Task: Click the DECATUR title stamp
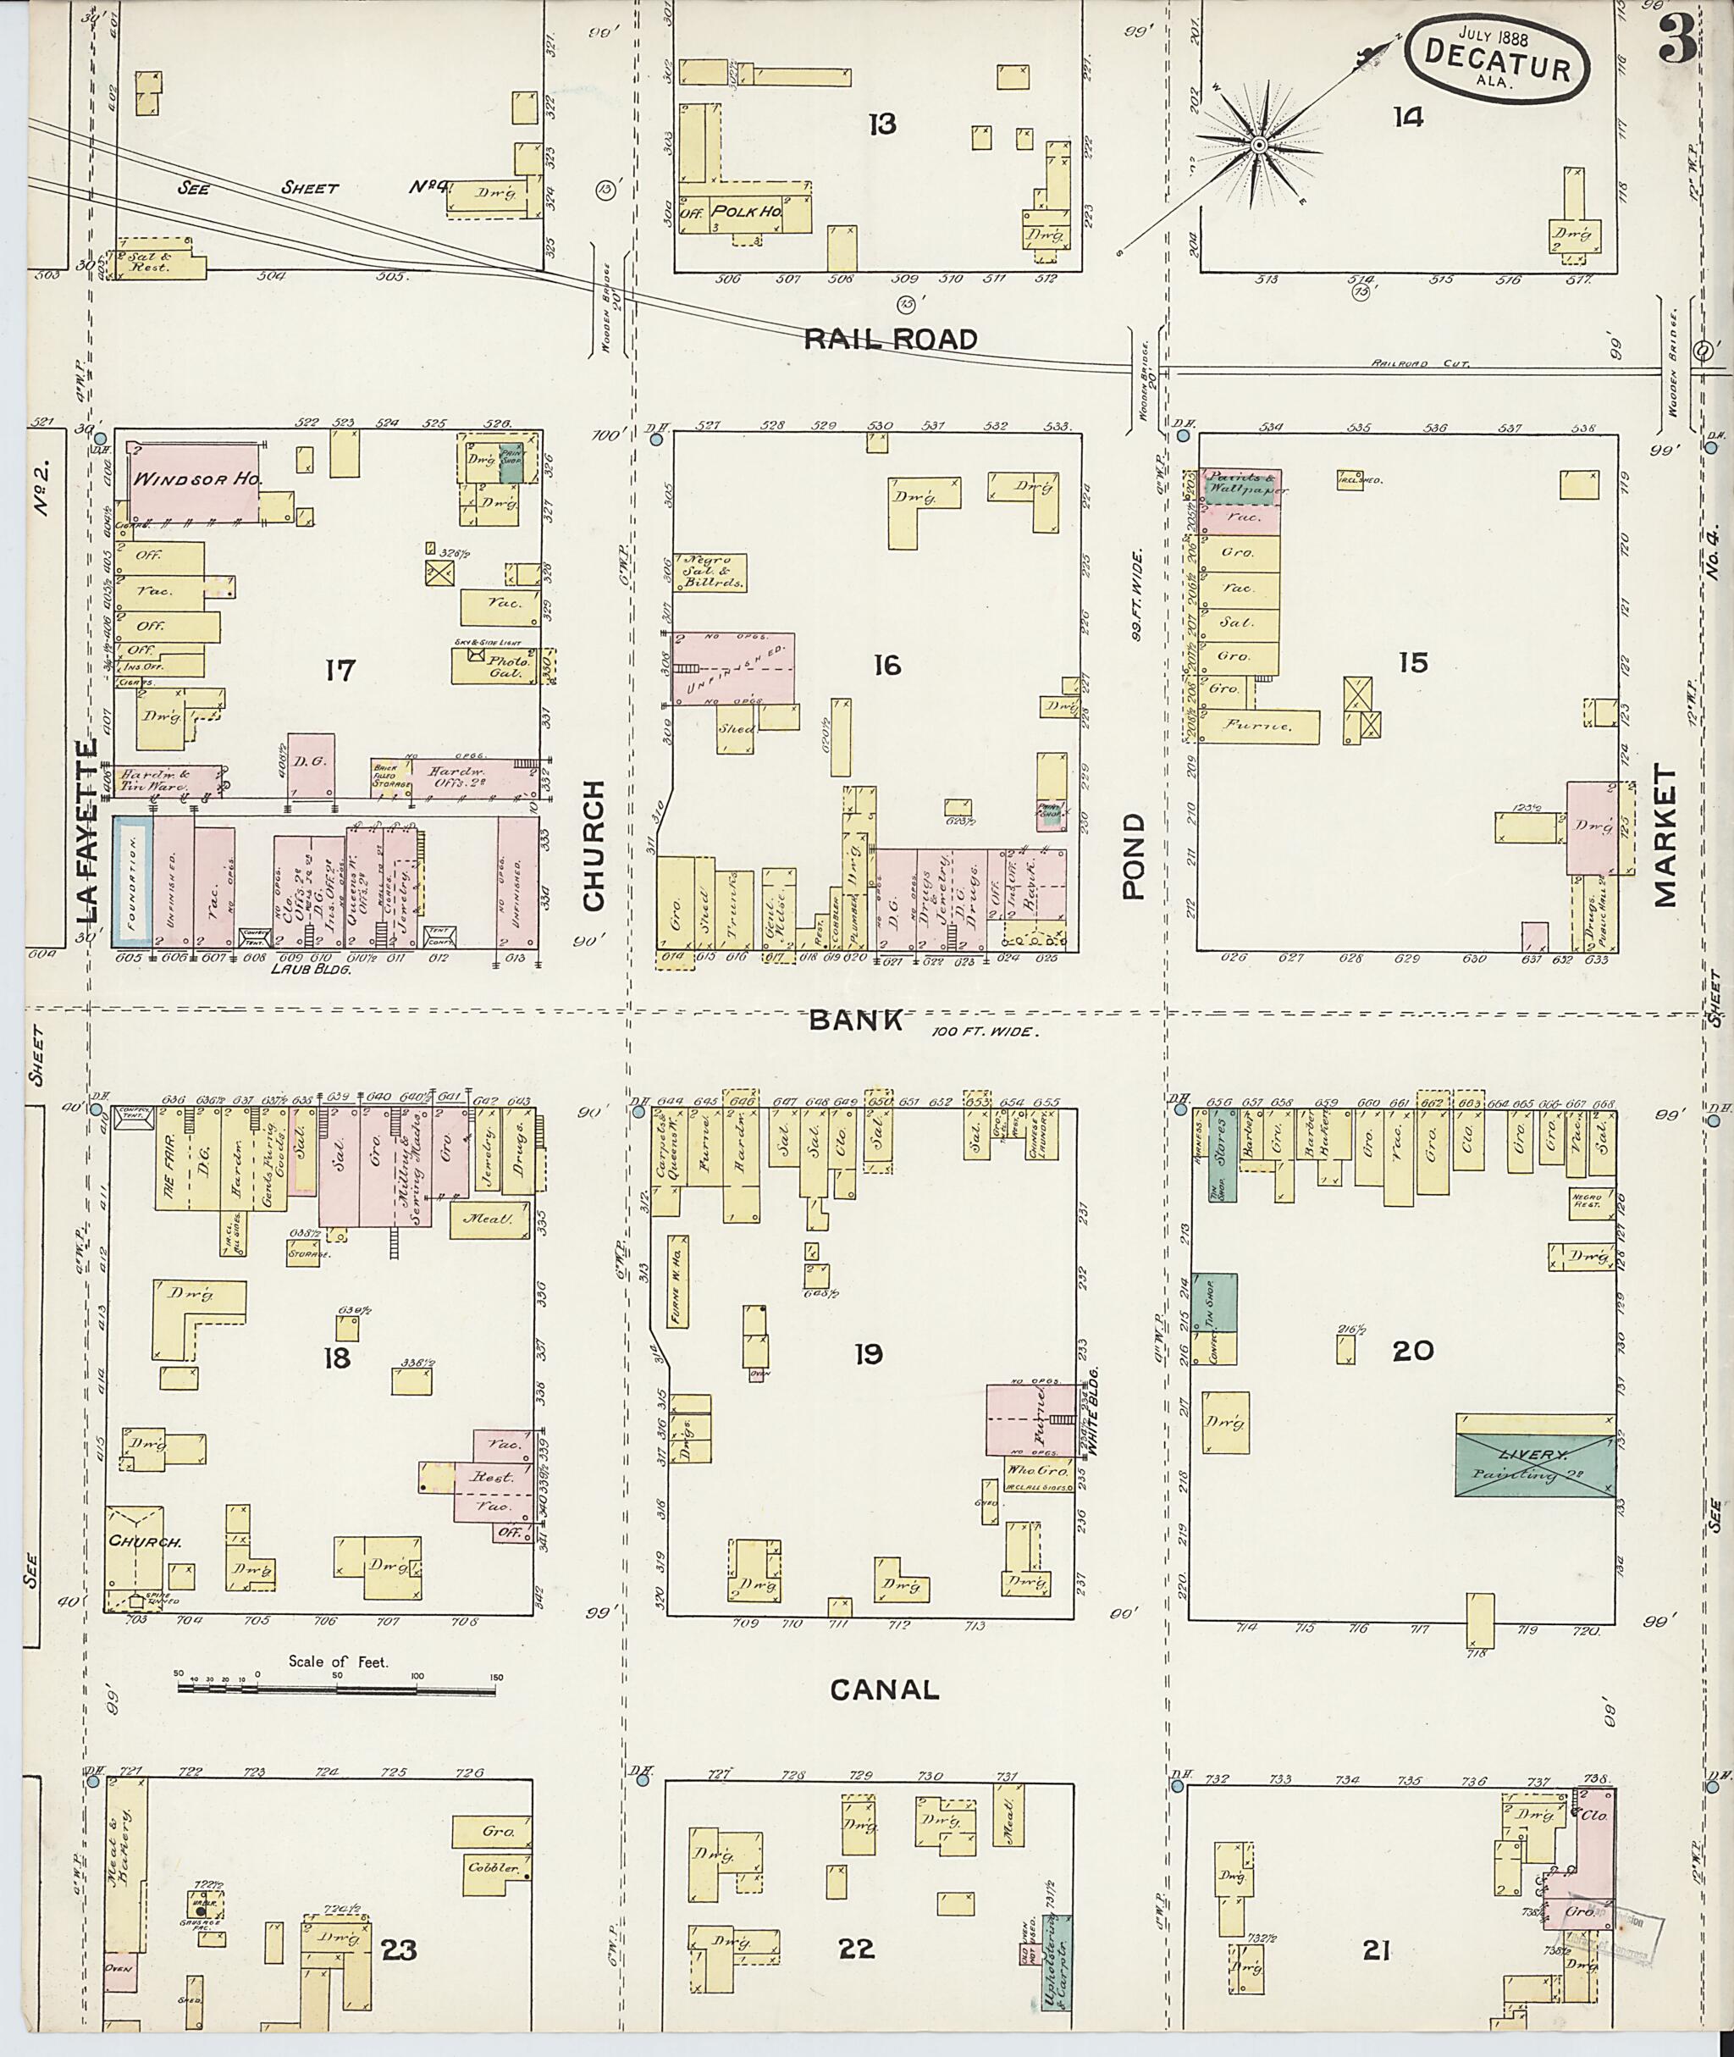1496,59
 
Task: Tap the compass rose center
1257,146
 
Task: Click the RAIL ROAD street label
891,340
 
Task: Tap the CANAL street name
884,1689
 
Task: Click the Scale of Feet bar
340,1689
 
